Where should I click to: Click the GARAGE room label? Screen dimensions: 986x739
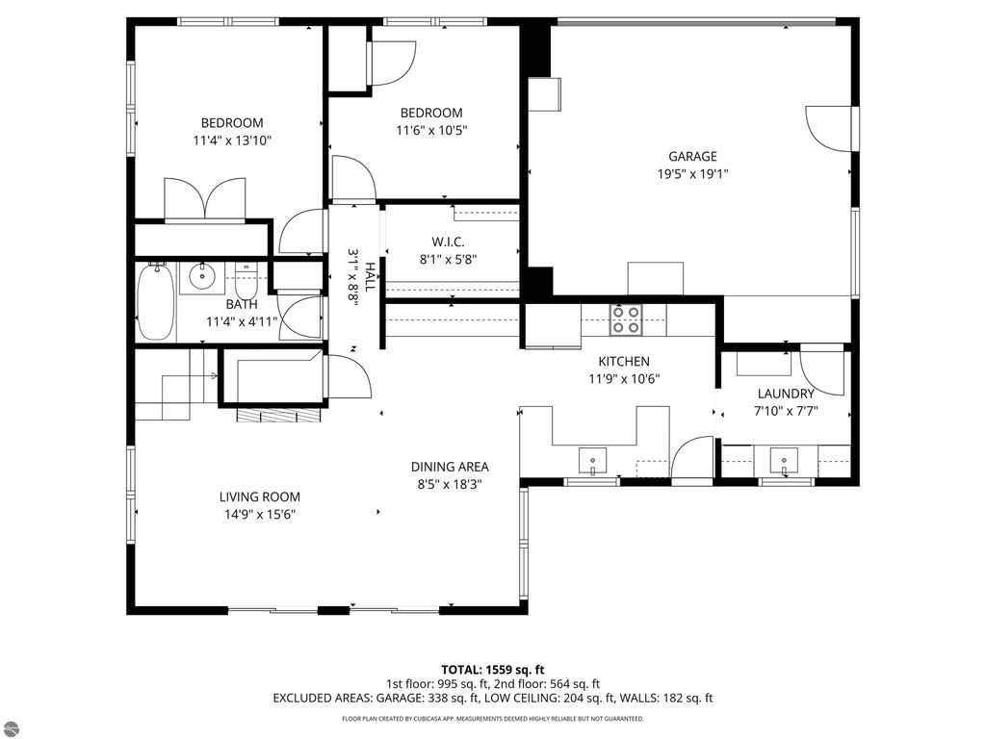pos(692,157)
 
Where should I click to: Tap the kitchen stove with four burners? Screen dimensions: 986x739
pos(626,319)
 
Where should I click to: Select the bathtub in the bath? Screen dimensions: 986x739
pos(155,302)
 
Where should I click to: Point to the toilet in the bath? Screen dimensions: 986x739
pos(246,282)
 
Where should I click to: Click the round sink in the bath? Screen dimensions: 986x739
pos(202,276)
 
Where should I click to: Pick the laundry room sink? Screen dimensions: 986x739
pos(784,461)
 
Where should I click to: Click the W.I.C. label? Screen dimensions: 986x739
pos(449,242)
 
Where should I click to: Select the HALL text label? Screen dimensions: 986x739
pos(370,277)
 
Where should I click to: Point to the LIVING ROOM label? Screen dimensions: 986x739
pos(260,497)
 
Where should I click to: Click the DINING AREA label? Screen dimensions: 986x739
pos(450,467)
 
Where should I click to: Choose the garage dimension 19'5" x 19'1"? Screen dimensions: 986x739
pos(692,174)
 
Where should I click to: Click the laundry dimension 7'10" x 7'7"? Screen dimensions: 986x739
pos(786,412)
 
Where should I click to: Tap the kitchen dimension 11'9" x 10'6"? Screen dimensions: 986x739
pos(624,379)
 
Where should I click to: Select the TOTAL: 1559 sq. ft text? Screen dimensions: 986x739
pos(492,670)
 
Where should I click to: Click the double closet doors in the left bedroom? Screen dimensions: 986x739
pos(204,199)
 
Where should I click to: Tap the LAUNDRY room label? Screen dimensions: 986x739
pos(786,394)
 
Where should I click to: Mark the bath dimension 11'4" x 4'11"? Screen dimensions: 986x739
pos(242,322)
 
